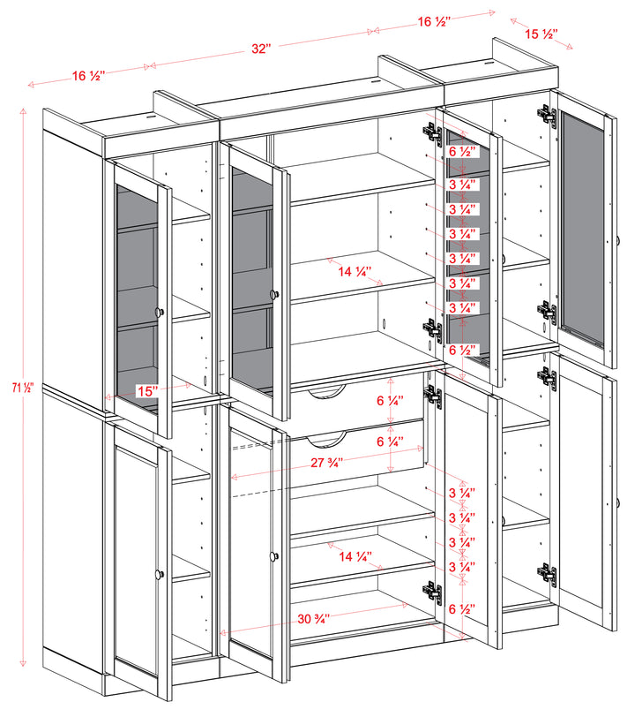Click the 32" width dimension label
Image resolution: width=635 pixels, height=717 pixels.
[259, 50]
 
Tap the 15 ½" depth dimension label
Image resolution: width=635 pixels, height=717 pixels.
[540, 34]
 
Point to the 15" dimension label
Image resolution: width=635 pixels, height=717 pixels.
[147, 389]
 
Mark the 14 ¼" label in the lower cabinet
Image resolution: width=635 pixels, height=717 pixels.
[355, 556]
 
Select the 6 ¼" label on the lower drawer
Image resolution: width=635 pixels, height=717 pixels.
[389, 441]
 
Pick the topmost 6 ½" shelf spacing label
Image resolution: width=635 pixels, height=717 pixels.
[463, 151]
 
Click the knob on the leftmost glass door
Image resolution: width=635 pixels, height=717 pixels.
[160, 311]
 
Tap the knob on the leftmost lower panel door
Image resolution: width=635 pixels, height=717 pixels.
[160, 574]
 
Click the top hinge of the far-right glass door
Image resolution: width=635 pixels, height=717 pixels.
[547, 115]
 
